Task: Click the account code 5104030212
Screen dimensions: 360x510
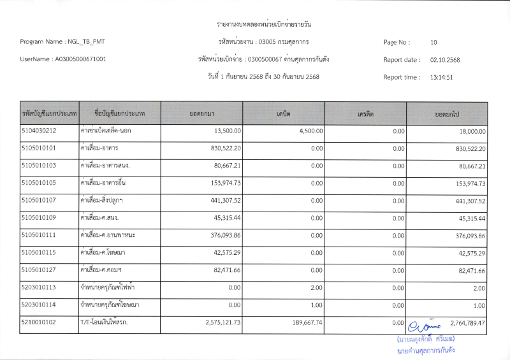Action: click(39, 131)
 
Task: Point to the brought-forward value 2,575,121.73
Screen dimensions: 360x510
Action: click(214, 323)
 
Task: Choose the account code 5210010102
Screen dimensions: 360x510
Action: click(39, 323)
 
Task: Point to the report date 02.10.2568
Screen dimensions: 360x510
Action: click(445, 60)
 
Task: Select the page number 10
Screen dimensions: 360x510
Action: click(433, 42)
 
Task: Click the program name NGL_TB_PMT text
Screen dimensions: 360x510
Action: click(63, 42)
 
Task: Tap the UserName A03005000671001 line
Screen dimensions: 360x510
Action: click(63, 60)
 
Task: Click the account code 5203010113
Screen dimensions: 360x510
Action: click(39, 288)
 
